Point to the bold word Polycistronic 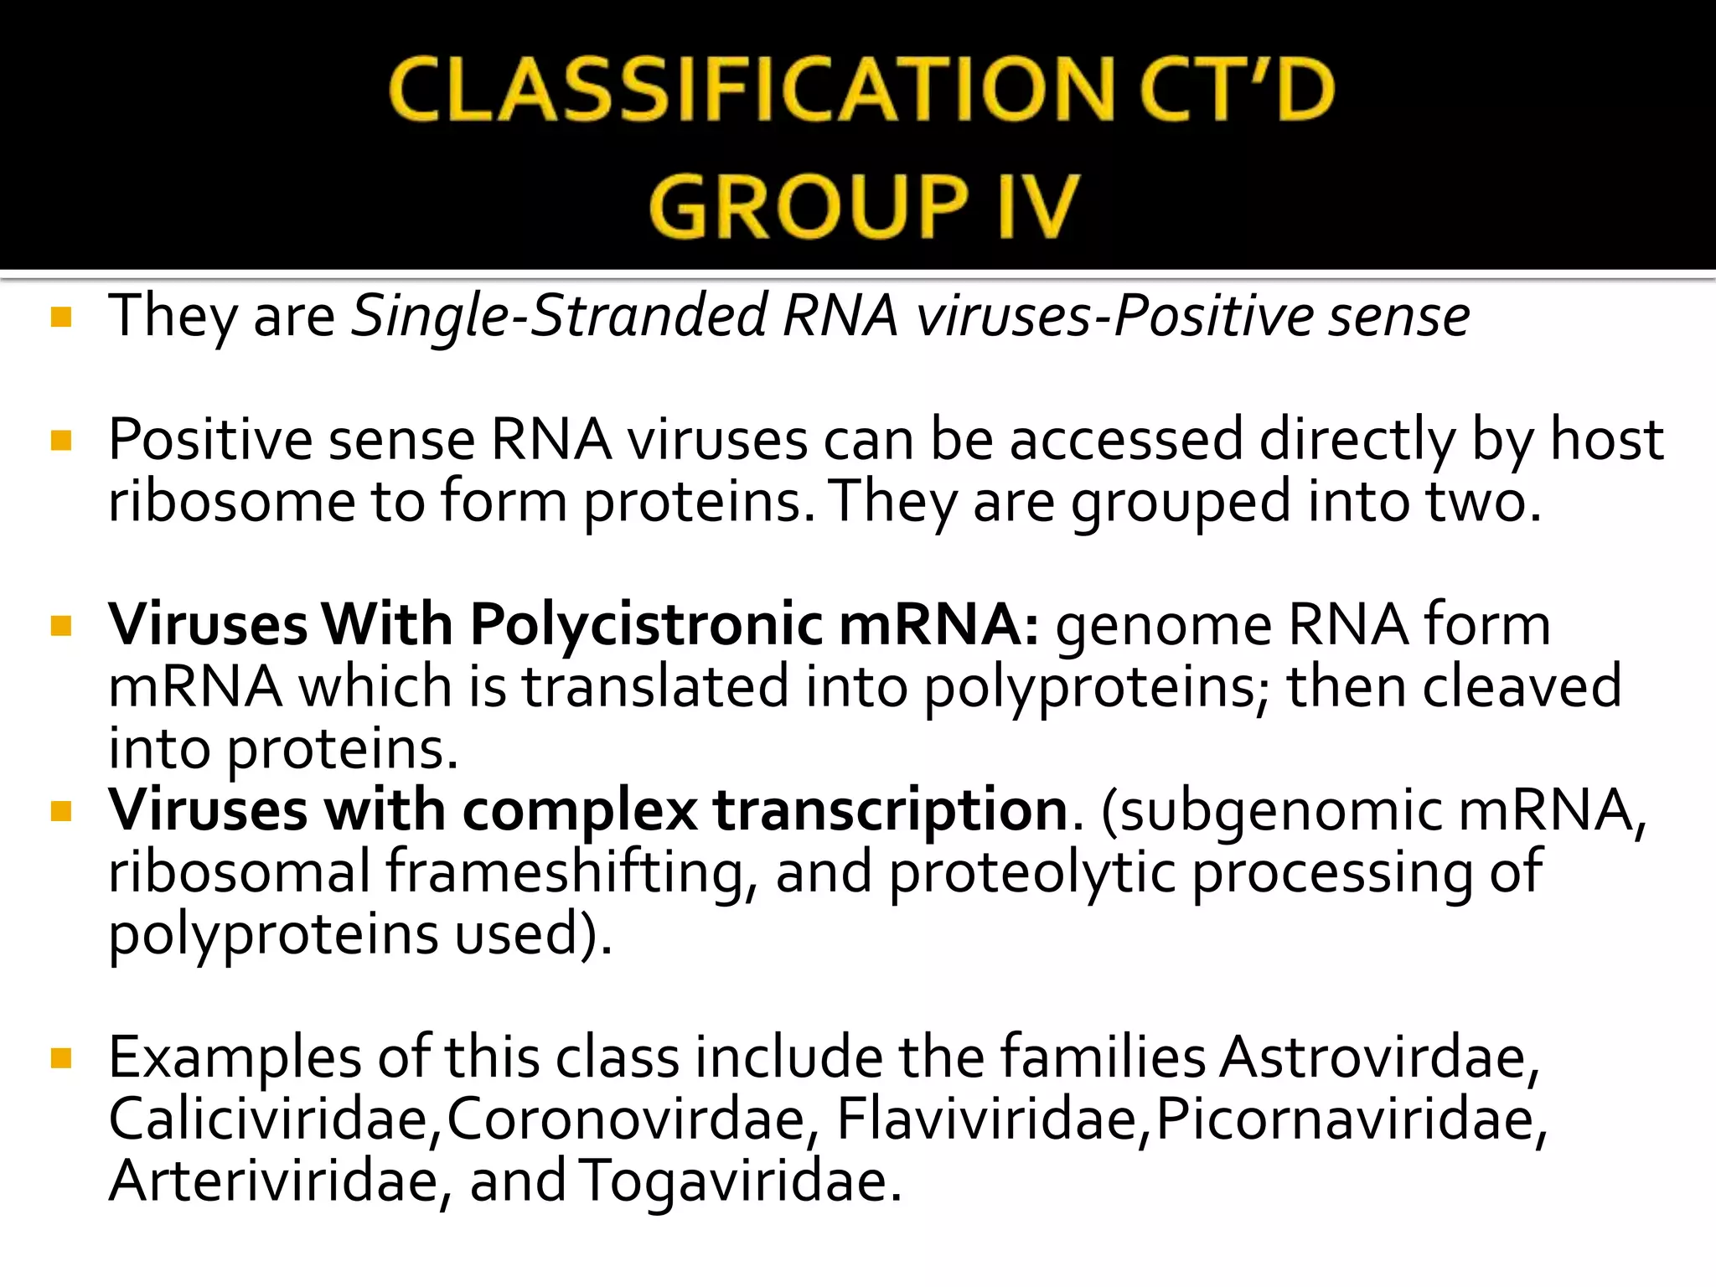pos(646,625)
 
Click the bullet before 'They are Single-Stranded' pos(61,318)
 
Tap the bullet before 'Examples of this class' pos(61,1059)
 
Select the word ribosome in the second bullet pos(232,502)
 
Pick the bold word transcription pos(891,810)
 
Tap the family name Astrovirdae pos(1379,1057)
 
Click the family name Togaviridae pos(740,1181)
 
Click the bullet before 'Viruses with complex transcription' pos(61,811)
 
